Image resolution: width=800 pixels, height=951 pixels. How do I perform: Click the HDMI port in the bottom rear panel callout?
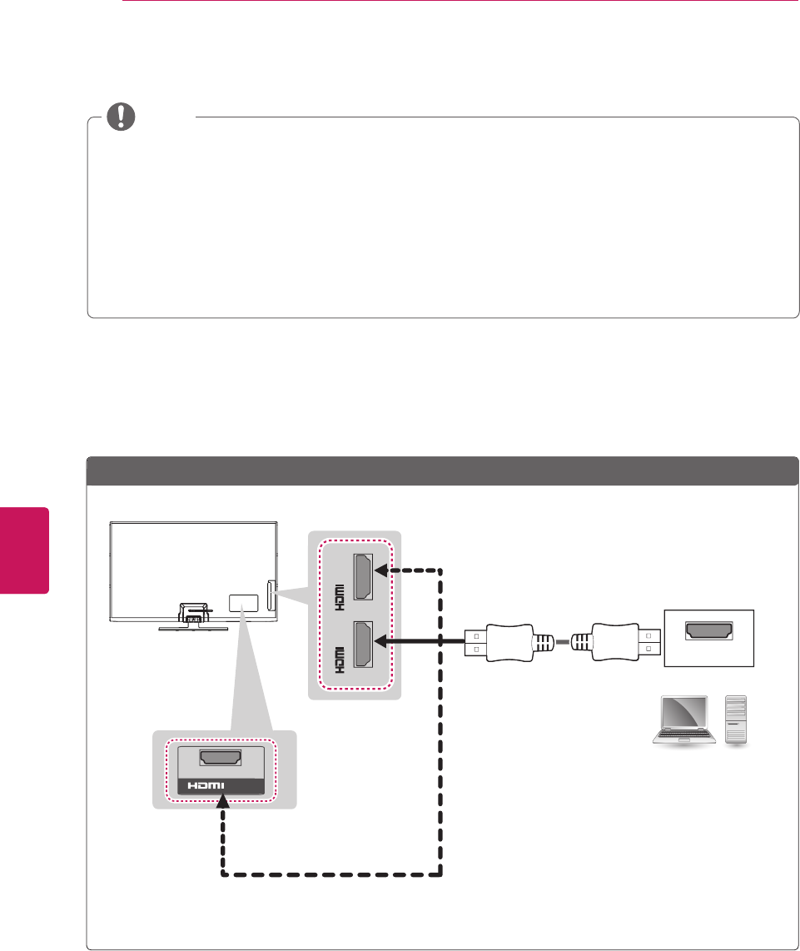click(221, 759)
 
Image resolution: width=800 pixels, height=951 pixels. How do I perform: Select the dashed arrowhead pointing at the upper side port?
click(381, 570)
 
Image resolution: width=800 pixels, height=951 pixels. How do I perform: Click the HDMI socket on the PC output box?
click(708, 632)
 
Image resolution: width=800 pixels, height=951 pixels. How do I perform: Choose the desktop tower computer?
click(738, 720)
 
